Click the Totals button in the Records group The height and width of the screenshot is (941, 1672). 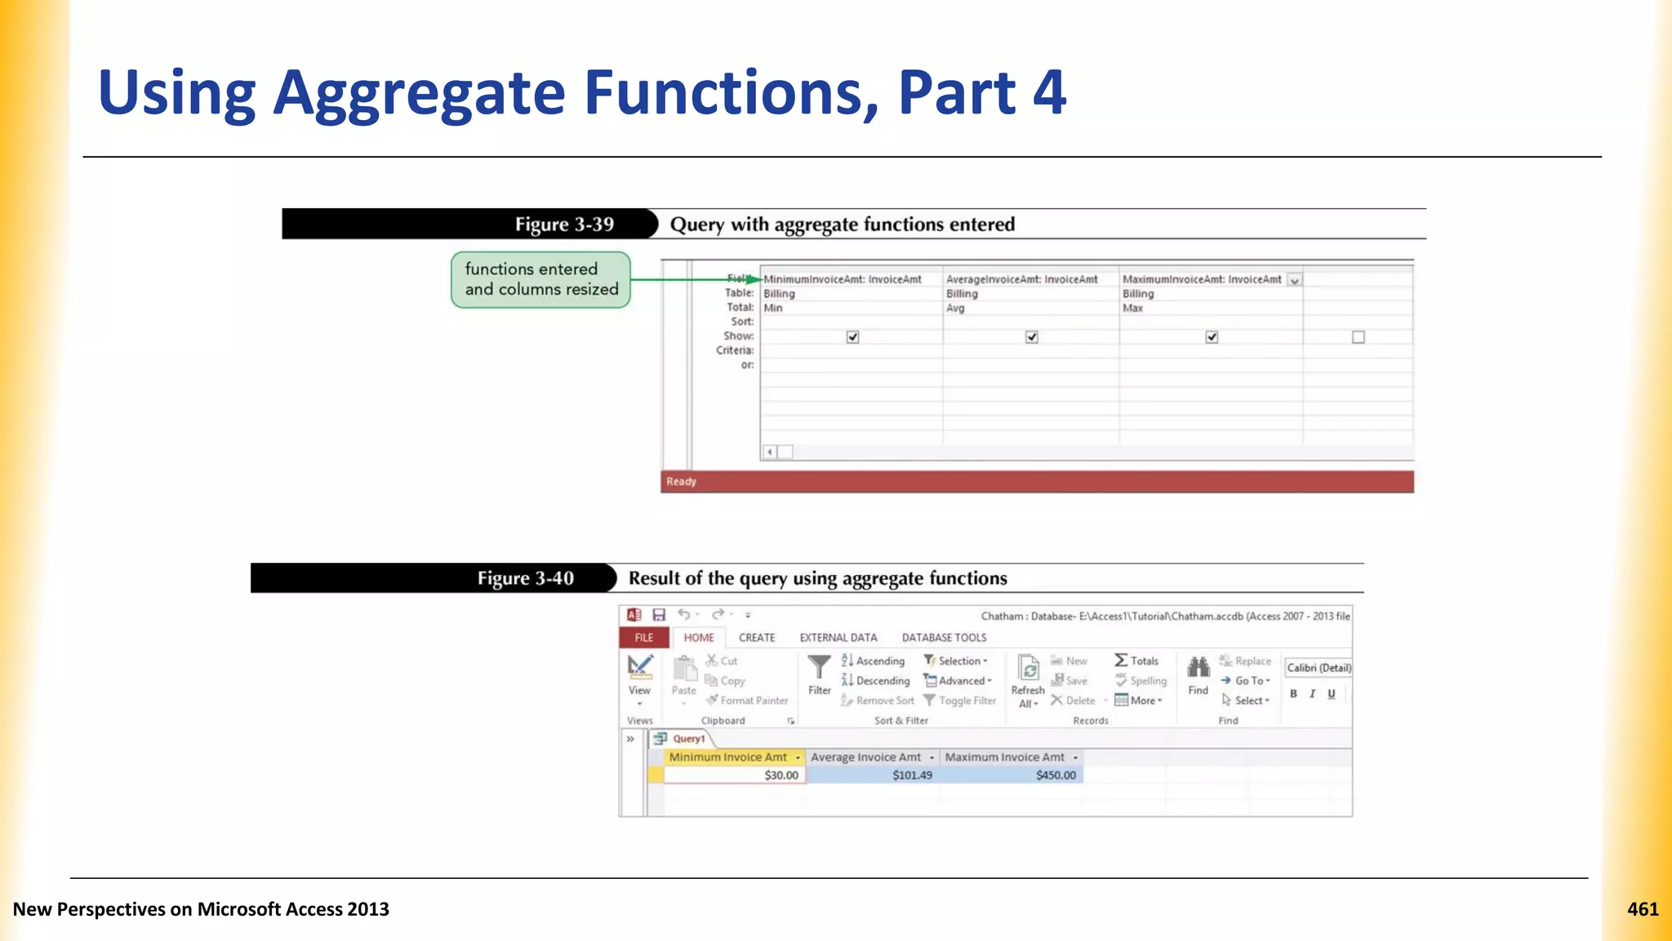(x=1136, y=661)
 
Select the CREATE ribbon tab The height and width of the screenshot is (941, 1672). (x=757, y=638)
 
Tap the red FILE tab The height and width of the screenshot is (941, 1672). (x=644, y=638)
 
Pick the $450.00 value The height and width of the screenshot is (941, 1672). (x=1056, y=775)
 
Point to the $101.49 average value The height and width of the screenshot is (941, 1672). (x=912, y=775)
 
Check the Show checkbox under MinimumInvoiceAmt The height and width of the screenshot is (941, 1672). (x=853, y=337)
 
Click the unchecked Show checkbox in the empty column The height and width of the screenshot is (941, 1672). (x=1358, y=337)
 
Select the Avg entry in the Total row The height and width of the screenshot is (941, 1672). (x=955, y=309)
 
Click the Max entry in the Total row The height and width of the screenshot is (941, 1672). (x=1132, y=309)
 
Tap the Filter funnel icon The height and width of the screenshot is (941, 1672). (x=819, y=668)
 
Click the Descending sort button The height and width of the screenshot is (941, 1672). (x=875, y=681)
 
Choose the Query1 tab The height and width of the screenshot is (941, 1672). (x=688, y=739)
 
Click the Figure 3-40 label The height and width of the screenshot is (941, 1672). (x=526, y=578)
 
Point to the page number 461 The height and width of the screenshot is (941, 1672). (x=1643, y=909)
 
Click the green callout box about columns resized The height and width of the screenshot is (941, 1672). (x=541, y=279)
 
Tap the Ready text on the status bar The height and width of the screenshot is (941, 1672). (x=681, y=482)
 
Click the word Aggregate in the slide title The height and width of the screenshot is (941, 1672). (x=419, y=92)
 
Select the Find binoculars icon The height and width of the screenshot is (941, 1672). (x=1198, y=669)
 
